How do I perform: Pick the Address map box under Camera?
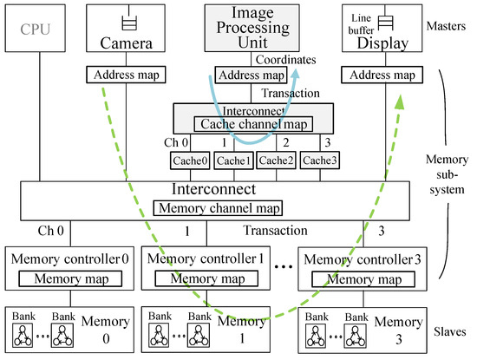click(x=127, y=75)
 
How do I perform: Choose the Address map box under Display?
click(x=379, y=75)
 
